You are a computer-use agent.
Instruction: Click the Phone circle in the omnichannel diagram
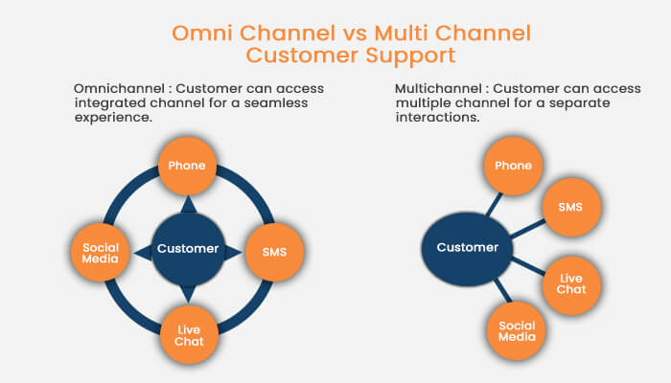tap(187, 166)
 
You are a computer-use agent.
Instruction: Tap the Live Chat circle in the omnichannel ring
tap(188, 335)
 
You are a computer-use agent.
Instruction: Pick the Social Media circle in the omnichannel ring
tap(101, 252)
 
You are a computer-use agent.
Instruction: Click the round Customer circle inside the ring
tap(188, 249)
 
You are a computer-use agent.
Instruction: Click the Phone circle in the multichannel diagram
tap(513, 166)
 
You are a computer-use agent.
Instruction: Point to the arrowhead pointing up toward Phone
tap(188, 204)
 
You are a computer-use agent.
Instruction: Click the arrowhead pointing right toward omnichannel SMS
tap(233, 251)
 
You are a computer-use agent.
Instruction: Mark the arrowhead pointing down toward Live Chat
tap(188, 294)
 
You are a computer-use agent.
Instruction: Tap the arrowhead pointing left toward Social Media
tap(143, 251)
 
